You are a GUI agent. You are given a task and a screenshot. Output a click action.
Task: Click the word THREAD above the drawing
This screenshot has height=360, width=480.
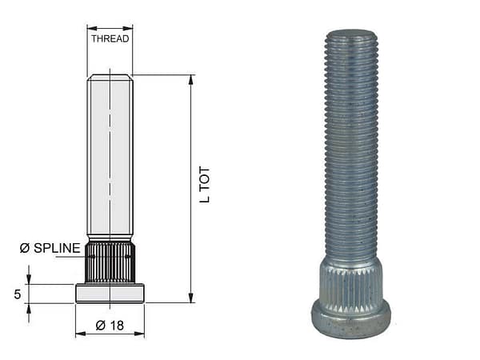tap(110, 38)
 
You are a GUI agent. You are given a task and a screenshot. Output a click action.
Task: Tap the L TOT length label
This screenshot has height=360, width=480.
tap(205, 185)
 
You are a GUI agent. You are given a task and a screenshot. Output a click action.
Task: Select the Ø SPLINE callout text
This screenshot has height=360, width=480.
tap(50, 249)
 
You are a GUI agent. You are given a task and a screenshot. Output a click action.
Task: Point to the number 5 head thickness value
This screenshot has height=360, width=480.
tap(17, 294)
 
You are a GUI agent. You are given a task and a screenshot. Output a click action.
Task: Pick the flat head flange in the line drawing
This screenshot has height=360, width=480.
tap(110, 294)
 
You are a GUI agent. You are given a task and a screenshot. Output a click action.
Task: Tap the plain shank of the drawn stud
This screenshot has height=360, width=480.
tap(110, 160)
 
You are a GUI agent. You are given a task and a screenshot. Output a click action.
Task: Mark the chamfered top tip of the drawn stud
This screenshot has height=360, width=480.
tap(110, 77)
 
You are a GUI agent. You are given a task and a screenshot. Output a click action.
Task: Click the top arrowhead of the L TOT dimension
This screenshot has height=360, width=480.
tap(191, 80)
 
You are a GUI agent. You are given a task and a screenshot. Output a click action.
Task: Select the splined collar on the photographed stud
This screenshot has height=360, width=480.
tap(350, 280)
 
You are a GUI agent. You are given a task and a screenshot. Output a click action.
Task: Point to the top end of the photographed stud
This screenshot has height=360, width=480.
tap(350, 34)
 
